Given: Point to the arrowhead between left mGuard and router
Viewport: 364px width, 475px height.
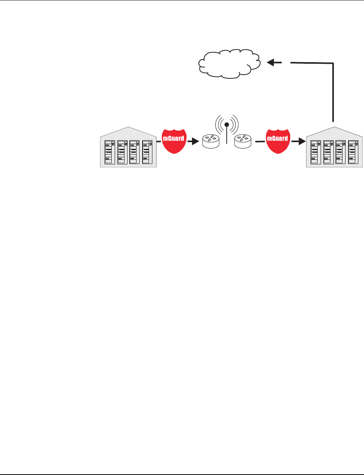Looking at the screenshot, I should [194, 142].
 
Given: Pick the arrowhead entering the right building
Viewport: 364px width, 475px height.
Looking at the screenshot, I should [301, 142].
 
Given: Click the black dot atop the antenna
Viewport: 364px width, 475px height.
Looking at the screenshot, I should [226, 124].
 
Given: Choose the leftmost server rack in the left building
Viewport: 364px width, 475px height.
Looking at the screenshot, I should [110, 152].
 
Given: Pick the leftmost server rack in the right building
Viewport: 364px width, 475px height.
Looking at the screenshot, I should [316, 152].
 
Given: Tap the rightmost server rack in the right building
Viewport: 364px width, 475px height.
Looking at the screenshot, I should [352, 152].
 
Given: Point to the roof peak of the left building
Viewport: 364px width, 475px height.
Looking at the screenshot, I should [128, 127].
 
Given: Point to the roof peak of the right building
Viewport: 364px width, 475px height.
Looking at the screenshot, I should [334, 127].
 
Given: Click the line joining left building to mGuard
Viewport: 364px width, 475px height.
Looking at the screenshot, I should [159, 142].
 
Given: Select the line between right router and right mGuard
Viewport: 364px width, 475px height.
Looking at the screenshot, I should [260, 142].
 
